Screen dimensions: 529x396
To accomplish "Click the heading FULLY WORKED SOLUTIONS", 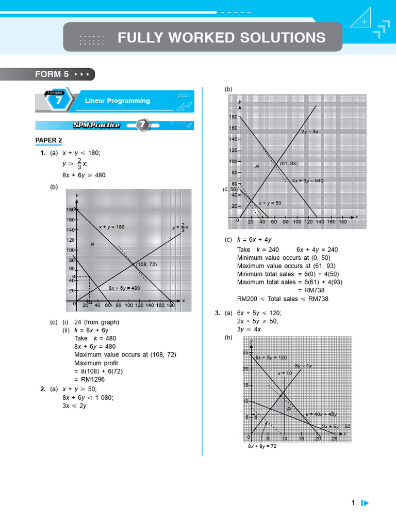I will [221, 38].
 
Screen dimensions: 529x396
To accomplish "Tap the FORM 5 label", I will [52, 74].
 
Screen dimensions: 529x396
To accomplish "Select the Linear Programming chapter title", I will [117, 101].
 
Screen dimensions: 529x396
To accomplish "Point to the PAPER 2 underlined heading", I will [48, 140].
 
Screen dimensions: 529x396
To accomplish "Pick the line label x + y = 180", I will [111, 227].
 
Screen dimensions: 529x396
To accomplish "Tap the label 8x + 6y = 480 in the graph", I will [124, 288].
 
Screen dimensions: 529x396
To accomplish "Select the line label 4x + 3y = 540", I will [307, 181].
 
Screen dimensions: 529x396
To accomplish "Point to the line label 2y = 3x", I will [310, 132].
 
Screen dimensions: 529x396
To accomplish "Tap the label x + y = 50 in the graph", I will [270, 203].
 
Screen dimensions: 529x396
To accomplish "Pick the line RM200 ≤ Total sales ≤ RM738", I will [283, 299].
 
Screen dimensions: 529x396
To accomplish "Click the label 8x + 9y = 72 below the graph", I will [262, 446].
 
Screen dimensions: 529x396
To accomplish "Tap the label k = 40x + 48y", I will [321, 414].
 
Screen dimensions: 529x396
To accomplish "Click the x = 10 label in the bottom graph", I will [285, 373].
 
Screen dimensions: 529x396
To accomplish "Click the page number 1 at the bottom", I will [353, 503].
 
